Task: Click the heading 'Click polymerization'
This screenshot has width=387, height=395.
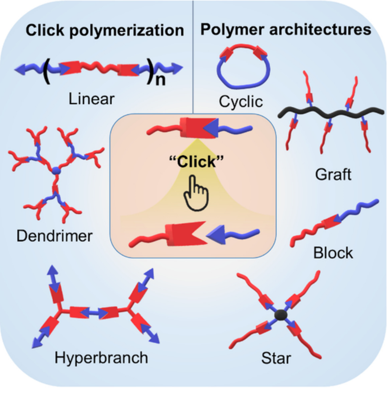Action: (x=104, y=30)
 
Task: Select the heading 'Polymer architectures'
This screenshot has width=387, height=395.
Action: (x=286, y=29)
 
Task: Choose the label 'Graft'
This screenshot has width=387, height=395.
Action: (x=333, y=175)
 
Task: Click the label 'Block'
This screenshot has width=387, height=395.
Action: (x=333, y=253)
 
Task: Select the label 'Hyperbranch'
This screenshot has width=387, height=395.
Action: (x=101, y=357)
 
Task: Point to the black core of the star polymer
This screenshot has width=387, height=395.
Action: (x=280, y=314)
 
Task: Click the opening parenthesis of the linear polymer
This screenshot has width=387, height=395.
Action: (x=46, y=70)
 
